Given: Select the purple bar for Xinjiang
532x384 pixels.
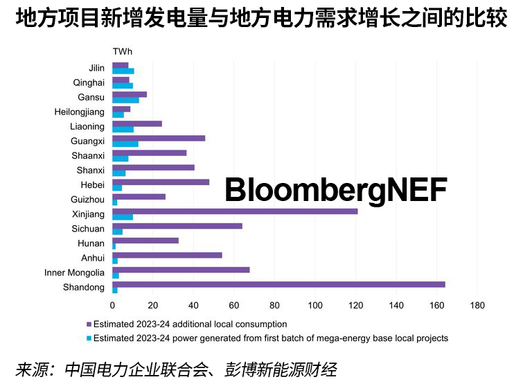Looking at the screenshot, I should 235,211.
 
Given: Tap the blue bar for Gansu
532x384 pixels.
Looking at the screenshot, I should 125,101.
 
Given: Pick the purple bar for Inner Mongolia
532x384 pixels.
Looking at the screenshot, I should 181,270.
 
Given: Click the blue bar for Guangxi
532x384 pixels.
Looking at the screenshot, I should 125,144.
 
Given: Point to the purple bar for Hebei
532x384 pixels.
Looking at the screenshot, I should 161,182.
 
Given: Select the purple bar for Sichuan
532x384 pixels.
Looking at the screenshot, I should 177,225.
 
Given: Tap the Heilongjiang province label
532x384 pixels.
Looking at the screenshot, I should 80,112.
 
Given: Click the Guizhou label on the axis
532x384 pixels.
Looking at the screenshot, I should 88,200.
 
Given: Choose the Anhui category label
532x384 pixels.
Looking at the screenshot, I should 93,258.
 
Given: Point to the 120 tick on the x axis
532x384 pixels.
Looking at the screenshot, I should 356,304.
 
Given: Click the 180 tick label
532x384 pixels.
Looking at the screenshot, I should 477,304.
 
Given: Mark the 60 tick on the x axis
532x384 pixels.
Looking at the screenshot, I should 234,304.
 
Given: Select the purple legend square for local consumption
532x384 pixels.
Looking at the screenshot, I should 89,324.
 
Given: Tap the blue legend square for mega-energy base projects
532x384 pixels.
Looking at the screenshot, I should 89,338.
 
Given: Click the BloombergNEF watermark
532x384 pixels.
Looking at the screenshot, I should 336,189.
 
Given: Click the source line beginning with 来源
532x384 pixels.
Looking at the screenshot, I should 176,368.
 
